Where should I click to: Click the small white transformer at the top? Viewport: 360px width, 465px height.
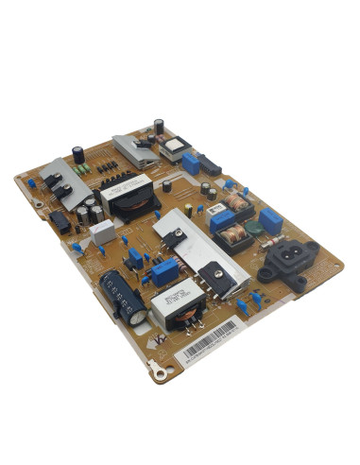(176, 150)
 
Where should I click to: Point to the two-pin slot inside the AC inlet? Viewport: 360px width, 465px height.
(287, 252)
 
